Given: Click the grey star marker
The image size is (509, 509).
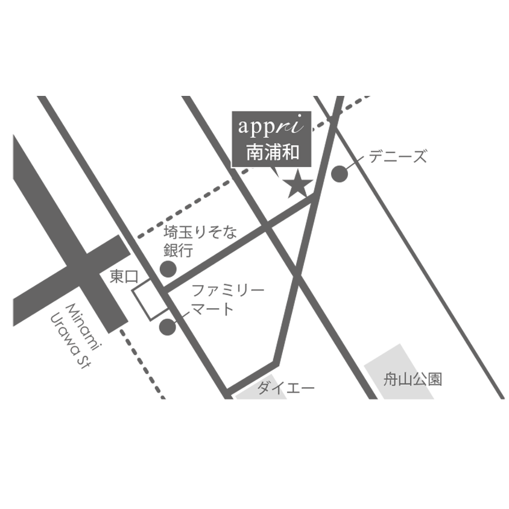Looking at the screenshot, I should pyautogui.click(x=297, y=184).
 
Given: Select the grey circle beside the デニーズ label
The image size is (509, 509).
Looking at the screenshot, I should pyautogui.click(x=340, y=174).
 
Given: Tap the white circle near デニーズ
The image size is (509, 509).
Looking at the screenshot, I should pyautogui.click(x=360, y=180).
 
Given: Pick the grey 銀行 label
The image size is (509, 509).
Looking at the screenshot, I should pyautogui.click(x=176, y=250).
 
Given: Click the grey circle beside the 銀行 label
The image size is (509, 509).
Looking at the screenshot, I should pyautogui.click(x=168, y=268).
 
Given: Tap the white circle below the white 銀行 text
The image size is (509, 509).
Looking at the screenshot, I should pyautogui.click(x=213, y=262).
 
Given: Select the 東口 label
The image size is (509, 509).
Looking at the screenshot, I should pyautogui.click(x=124, y=277).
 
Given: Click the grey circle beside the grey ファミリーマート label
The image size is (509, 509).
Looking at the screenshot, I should pyautogui.click(x=167, y=327).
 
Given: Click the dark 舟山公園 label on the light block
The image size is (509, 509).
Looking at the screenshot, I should pyautogui.click(x=413, y=381).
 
